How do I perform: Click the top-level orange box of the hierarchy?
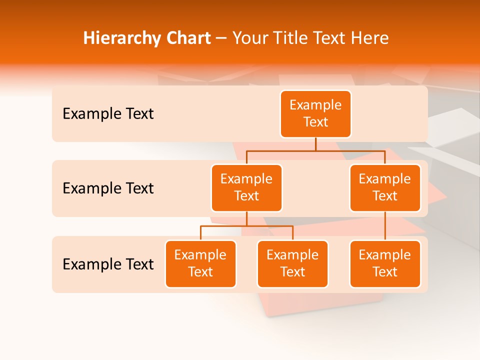(315, 114)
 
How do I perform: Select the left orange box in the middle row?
(246, 188)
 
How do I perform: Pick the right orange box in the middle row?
(385, 188)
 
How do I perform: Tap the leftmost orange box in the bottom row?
(200, 264)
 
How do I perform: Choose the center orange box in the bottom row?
(292, 264)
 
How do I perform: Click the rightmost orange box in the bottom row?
(385, 264)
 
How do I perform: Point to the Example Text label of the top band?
(108, 114)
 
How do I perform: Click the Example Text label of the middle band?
(108, 188)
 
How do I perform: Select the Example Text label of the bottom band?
(108, 264)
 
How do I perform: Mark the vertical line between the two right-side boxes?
(385, 226)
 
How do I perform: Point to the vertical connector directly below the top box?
(315, 144)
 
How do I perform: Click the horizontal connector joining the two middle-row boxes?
(315, 150)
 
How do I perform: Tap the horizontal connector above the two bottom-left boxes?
(246, 226)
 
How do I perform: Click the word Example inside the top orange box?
(315, 105)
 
